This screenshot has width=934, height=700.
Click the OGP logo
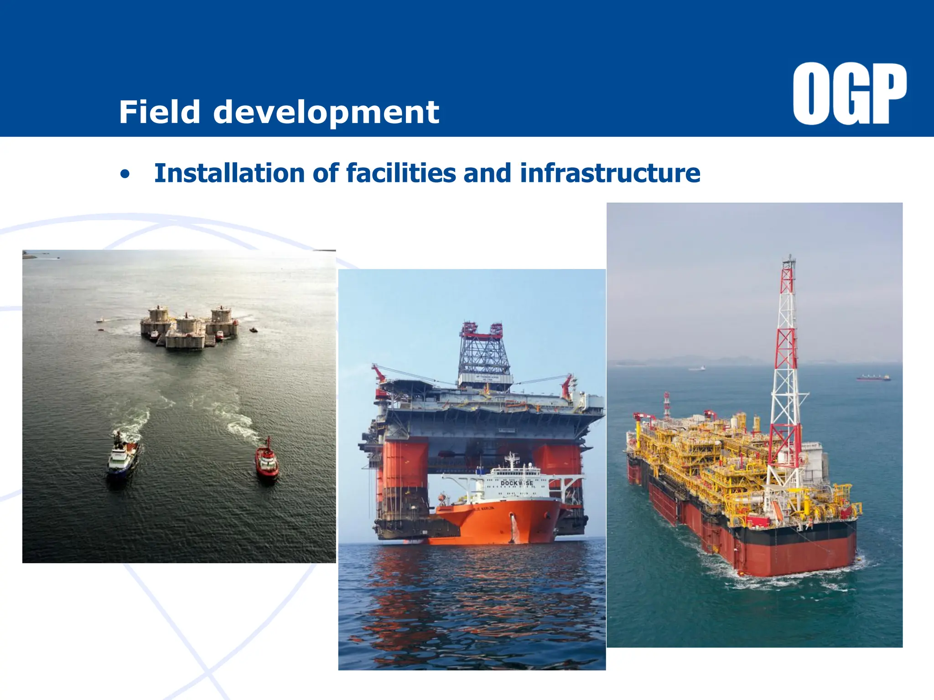[849, 93]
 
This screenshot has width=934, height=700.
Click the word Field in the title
[160, 112]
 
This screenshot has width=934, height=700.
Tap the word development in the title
[326, 113]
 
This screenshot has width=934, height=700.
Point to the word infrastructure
[610, 174]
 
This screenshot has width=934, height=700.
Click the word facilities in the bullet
[401, 174]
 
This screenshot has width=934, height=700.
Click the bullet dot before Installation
[125, 175]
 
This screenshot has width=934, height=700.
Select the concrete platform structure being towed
[189, 327]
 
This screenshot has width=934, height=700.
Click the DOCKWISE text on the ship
[516, 483]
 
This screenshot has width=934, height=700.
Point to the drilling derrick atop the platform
[483, 353]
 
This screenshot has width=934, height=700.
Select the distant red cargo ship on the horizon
[873, 377]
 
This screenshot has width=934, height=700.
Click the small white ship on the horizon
[697, 368]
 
